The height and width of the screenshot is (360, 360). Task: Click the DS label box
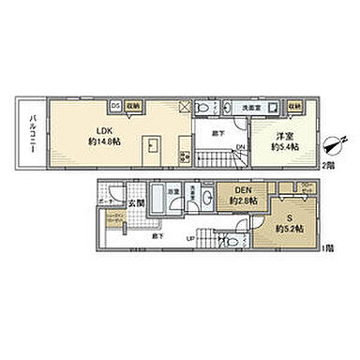click(116, 105)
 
